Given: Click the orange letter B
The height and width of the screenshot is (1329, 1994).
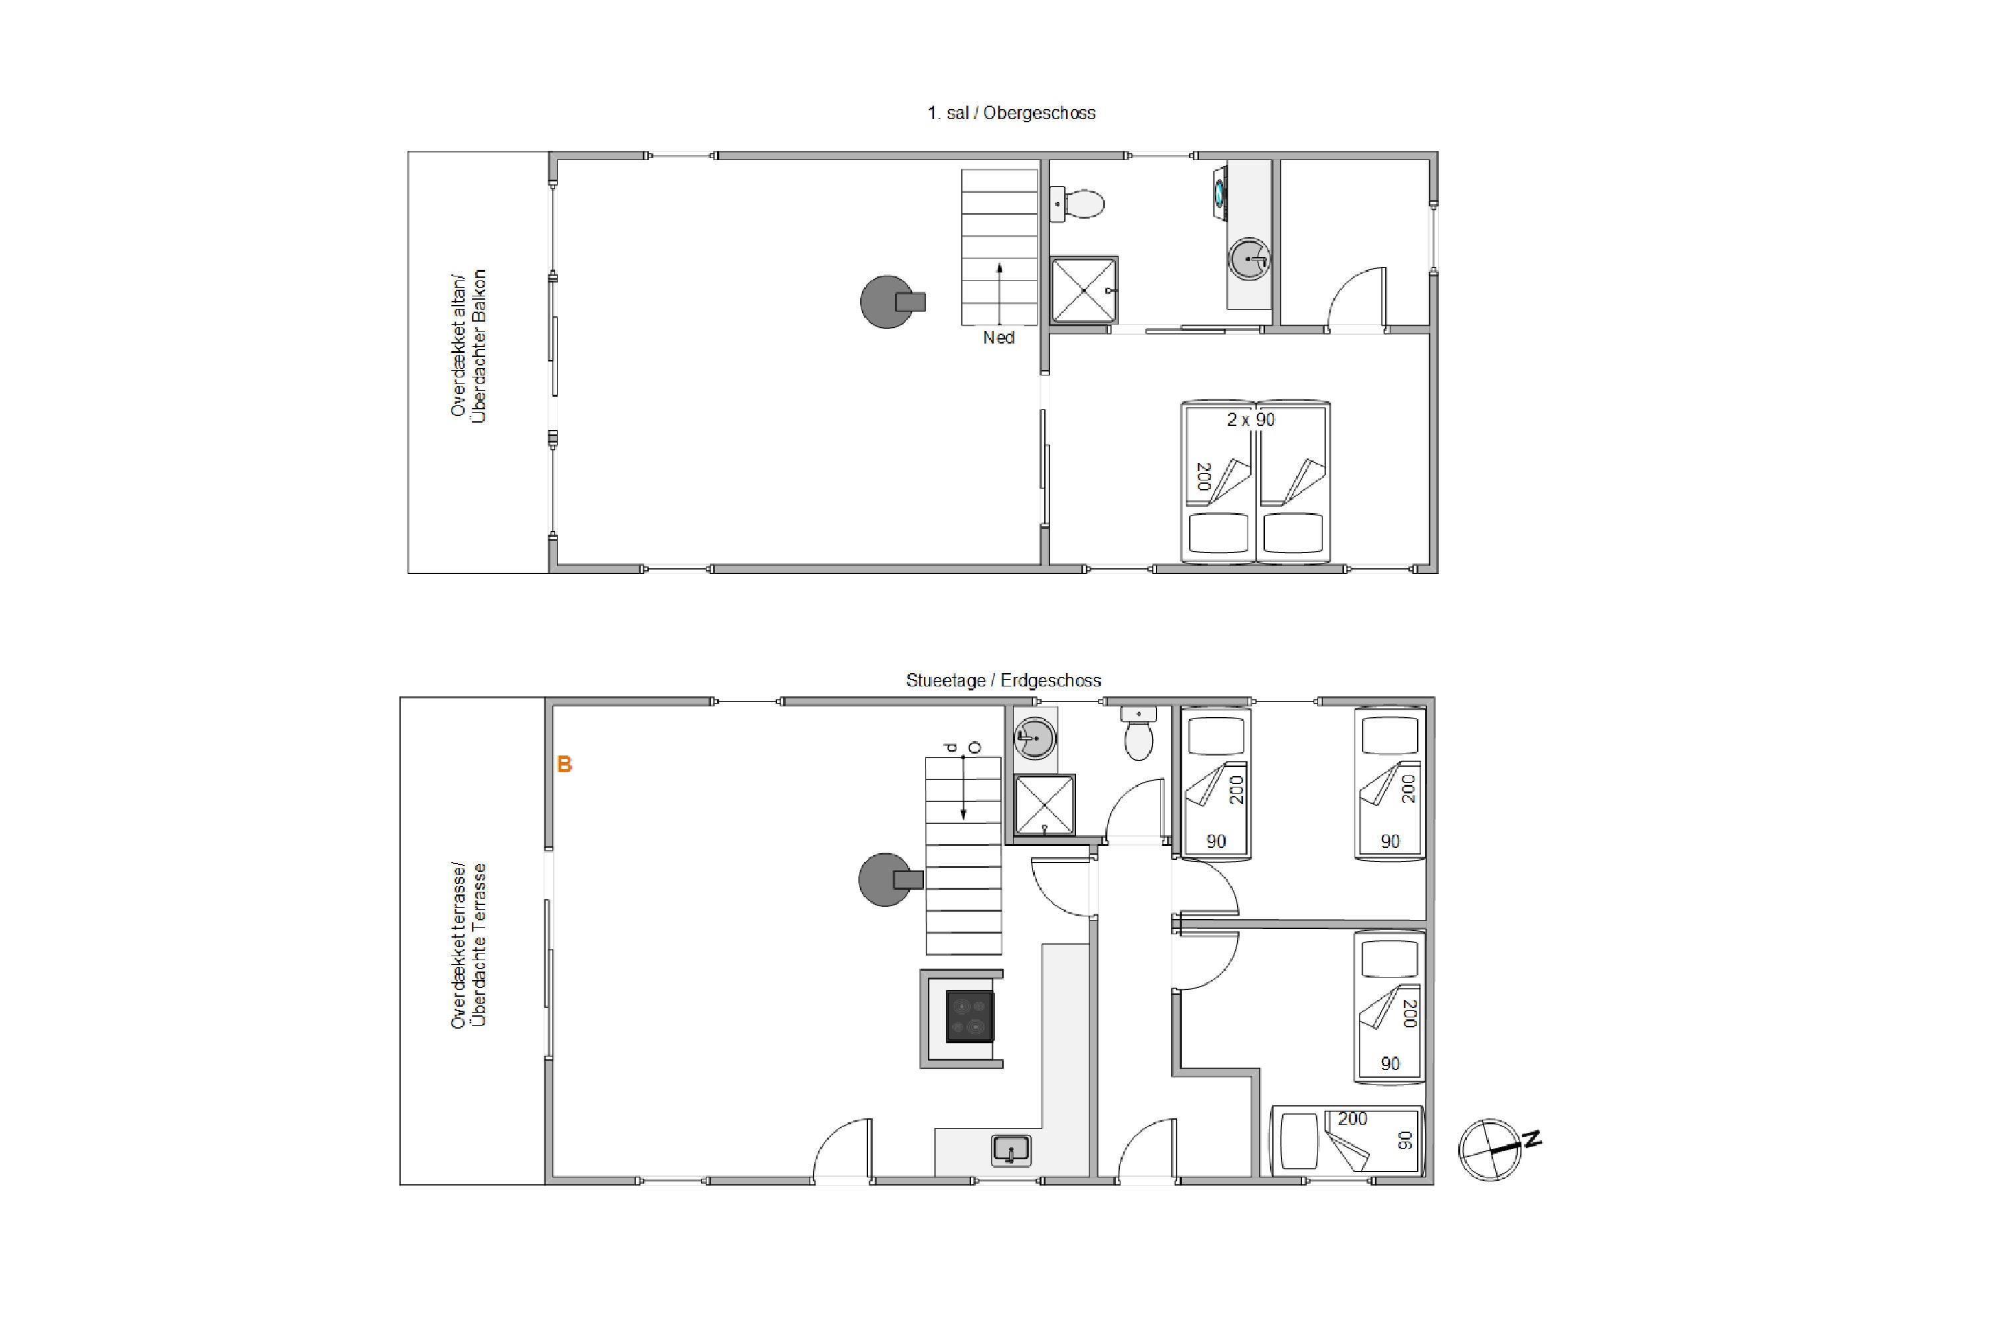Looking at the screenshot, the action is [564, 765].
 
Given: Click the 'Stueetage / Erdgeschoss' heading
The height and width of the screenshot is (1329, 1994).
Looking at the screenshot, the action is [1003, 680].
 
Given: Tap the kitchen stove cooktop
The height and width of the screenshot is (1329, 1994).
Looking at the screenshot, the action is [970, 1015].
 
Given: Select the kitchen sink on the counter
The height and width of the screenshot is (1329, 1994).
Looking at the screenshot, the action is [1010, 1150].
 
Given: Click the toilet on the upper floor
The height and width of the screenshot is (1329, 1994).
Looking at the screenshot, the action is [1077, 204].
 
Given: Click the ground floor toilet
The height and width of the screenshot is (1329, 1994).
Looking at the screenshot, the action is [1138, 733].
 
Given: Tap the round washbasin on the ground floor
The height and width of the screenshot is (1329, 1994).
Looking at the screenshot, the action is [1034, 738].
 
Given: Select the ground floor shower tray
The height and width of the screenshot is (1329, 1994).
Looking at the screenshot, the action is [1044, 804].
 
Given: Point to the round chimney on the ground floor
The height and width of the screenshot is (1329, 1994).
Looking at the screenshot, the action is [886, 880].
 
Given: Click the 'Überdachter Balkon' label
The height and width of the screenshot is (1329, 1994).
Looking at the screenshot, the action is [479, 346].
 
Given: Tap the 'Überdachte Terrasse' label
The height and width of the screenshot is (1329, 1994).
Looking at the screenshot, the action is [479, 945].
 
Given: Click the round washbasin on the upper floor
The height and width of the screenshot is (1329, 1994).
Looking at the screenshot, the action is [1249, 258].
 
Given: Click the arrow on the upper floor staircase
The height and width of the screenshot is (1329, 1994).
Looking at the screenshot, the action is [1000, 294].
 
